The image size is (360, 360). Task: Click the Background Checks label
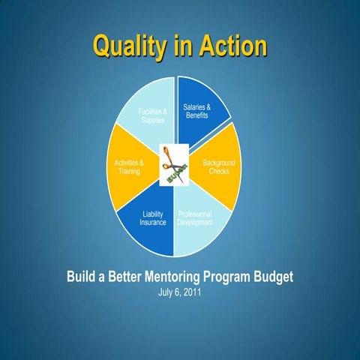coord(219,167)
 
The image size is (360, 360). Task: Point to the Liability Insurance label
coord(153,218)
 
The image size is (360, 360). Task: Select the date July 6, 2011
coord(179,292)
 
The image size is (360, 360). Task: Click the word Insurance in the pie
coord(153,223)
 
